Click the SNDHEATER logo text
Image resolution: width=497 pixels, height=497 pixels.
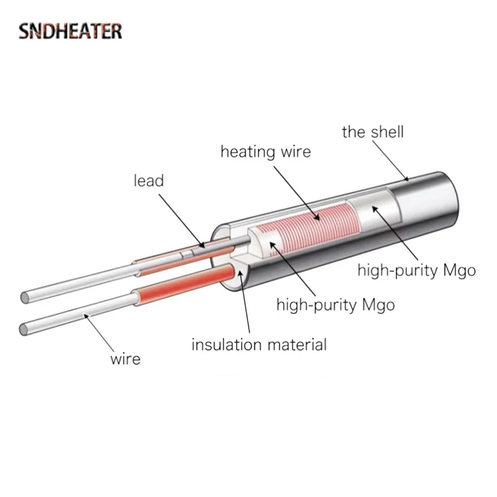point(70,30)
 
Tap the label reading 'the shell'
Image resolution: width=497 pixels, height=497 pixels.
point(373,132)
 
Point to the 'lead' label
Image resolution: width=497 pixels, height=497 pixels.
point(148,181)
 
